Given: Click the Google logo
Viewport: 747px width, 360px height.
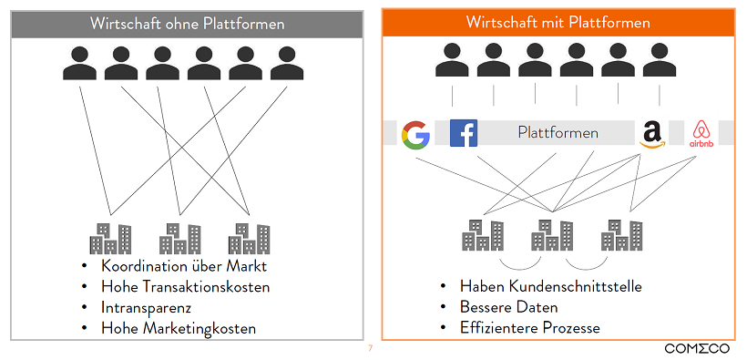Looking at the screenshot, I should tap(415, 135).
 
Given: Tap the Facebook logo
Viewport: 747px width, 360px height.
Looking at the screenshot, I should tap(464, 133).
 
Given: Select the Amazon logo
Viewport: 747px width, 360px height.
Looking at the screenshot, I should tap(652, 134).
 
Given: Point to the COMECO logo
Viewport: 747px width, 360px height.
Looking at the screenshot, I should tap(699, 348).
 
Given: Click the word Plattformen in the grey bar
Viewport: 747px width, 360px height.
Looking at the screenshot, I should tap(558, 133).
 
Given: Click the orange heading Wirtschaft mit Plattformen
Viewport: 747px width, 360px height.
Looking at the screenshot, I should tap(558, 22).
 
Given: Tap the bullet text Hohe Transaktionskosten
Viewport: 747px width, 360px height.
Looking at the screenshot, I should tap(186, 287).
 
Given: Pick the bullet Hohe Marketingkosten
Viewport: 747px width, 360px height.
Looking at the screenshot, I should tap(179, 328).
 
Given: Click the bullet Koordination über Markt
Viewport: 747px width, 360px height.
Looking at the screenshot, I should tap(185, 266).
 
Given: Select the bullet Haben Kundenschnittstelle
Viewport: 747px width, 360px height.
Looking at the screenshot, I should tap(551, 286).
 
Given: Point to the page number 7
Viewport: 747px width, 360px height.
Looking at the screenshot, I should tap(370, 348).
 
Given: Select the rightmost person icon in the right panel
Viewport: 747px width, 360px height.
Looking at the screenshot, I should tap(660, 62).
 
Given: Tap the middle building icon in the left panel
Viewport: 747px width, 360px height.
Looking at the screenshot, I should tap(179, 239).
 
